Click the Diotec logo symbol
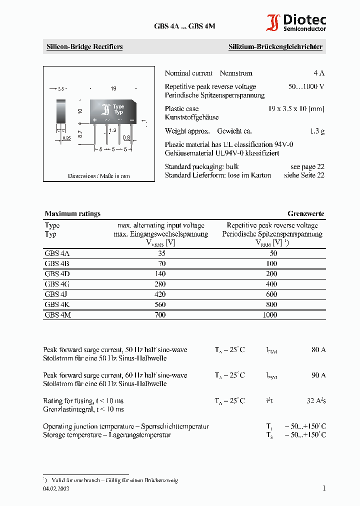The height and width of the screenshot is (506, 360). pyautogui.click(x=273, y=23)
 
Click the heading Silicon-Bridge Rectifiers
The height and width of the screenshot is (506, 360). pyautogui.click(x=84, y=47)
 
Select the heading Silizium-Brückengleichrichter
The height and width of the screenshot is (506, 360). pyautogui.click(x=275, y=47)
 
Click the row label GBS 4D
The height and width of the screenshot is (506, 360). pyautogui.click(x=56, y=274)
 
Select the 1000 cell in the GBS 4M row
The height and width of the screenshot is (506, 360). pyautogui.click(x=269, y=315)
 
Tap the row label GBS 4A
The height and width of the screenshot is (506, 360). pyautogui.click(x=56, y=253)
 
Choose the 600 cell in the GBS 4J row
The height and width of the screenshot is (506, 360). pyautogui.click(x=270, y=294)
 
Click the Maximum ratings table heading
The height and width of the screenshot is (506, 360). pyautogui.click(x=72, y=213)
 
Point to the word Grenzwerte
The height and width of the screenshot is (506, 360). pyautogui.click(x=305, y=213)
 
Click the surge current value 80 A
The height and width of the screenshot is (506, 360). pyautogui.click(x=318, y=349)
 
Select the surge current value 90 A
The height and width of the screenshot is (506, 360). pyautogui.click(x=318, y=375)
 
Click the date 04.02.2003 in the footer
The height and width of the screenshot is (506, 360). pyautogui.click(x=56, y=489)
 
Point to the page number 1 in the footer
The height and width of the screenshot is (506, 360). pyautogui.click(x=324, y=488)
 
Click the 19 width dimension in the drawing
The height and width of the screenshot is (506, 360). pyautogui.click(x=113, y=88)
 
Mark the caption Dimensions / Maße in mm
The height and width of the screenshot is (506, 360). pyautogui.click(x=98, y=176)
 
